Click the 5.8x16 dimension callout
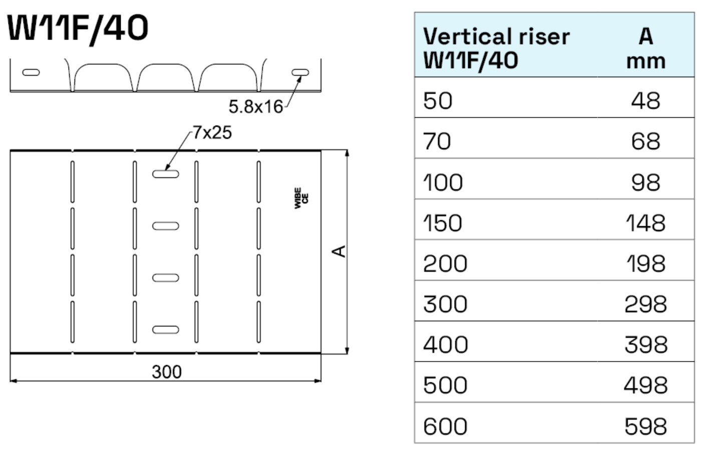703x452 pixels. (255, 107)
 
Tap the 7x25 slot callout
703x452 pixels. (212, 133)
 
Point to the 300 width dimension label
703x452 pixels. (166, 372)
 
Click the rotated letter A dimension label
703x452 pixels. (339, 251)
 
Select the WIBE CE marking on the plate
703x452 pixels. (301, 198)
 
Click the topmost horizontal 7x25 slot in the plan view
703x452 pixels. (165, 174)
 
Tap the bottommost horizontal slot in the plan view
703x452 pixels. (165, 330)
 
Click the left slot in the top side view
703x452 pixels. (31, 73)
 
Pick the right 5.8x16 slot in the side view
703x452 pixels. (300, 73)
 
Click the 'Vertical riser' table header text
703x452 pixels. (496, 37)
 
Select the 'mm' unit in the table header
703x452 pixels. (645, 61)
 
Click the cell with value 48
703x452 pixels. (645, 101)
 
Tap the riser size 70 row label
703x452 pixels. (437, 141)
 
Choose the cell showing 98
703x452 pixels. (645, 182)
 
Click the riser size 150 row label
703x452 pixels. (442, 223)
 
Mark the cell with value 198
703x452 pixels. (645, 263)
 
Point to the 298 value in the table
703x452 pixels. (645, 304)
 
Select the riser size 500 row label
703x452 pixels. (445, 385)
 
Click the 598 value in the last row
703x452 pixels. (645, 426)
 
